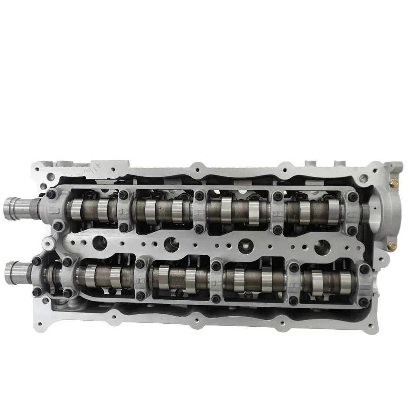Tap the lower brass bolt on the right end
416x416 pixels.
(x=393, y=245)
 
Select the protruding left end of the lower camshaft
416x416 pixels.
(x=13, y=272)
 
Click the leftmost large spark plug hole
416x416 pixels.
(x=99, y=243)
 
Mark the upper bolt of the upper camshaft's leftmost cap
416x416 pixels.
(x=51, y=194)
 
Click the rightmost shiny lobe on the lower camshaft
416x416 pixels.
(x=345, y=282)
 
